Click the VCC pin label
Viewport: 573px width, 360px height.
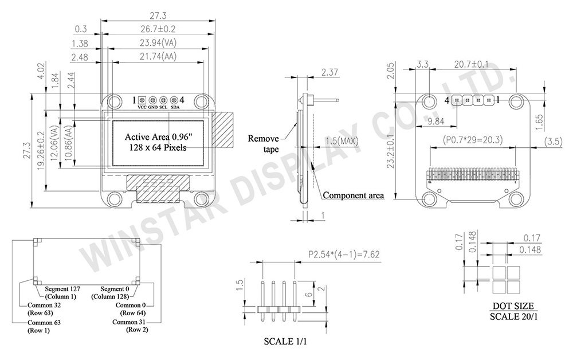[x=142, y=107]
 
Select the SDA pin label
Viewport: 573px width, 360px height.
[x=174, y=107]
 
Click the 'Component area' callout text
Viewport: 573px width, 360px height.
[x=353, y=195]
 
